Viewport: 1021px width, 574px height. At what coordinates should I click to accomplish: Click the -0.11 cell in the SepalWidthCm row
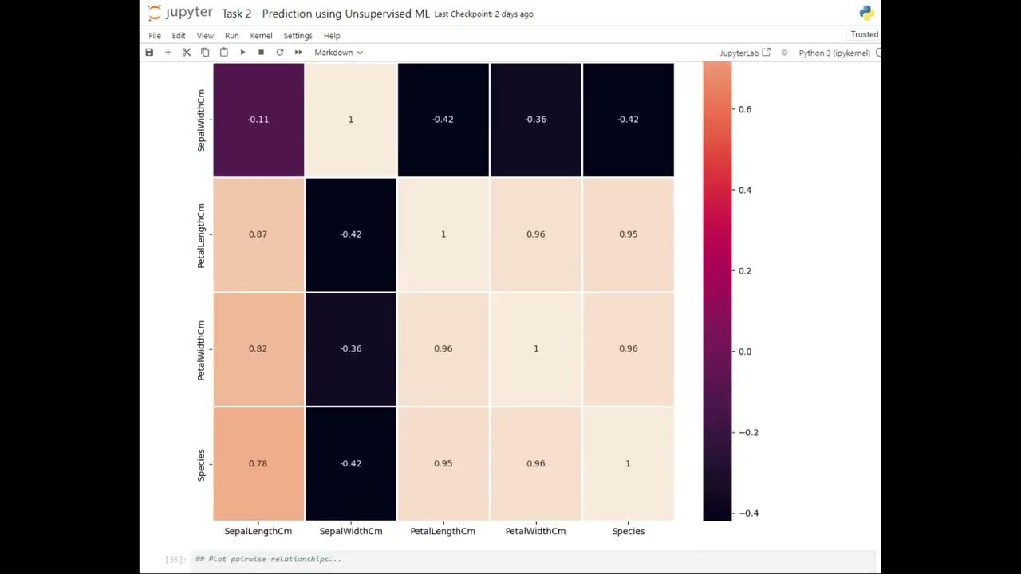coord(258,120)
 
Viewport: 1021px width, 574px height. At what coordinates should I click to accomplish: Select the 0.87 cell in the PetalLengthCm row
coord(258,234)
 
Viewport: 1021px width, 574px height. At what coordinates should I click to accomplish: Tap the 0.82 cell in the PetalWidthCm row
coord(258,348)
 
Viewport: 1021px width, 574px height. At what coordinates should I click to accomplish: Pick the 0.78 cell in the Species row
coord(258,463)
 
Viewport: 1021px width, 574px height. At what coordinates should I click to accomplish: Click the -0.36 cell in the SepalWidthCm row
coord(535,120)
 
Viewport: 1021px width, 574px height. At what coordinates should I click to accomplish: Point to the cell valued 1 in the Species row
coord(628,463)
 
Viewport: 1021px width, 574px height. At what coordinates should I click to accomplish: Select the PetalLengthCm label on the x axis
coord(443,531)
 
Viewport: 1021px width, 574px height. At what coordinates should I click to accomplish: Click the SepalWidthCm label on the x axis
coord(351,531)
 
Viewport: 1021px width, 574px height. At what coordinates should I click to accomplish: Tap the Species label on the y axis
coord(201,465)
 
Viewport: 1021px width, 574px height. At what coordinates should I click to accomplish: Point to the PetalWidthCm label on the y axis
coord(201,350)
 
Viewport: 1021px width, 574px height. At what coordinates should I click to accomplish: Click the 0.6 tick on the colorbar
coord(744,109)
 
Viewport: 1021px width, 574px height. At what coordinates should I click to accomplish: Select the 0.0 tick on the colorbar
coord(744,352)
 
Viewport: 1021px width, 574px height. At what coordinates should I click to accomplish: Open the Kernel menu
coord(261,36)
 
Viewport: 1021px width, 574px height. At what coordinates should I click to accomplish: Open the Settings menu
coord(298,36)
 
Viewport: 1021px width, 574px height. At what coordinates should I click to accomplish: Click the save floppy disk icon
coord(149,53)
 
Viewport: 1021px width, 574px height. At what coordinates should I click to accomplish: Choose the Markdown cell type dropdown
coord(338,53)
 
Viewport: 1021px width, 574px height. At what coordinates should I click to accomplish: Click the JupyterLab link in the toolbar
coord(744,53)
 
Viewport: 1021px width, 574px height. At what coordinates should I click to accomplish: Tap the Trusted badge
coord(864,34)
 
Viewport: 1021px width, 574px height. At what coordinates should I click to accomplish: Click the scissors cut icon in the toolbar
coord(187,53)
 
